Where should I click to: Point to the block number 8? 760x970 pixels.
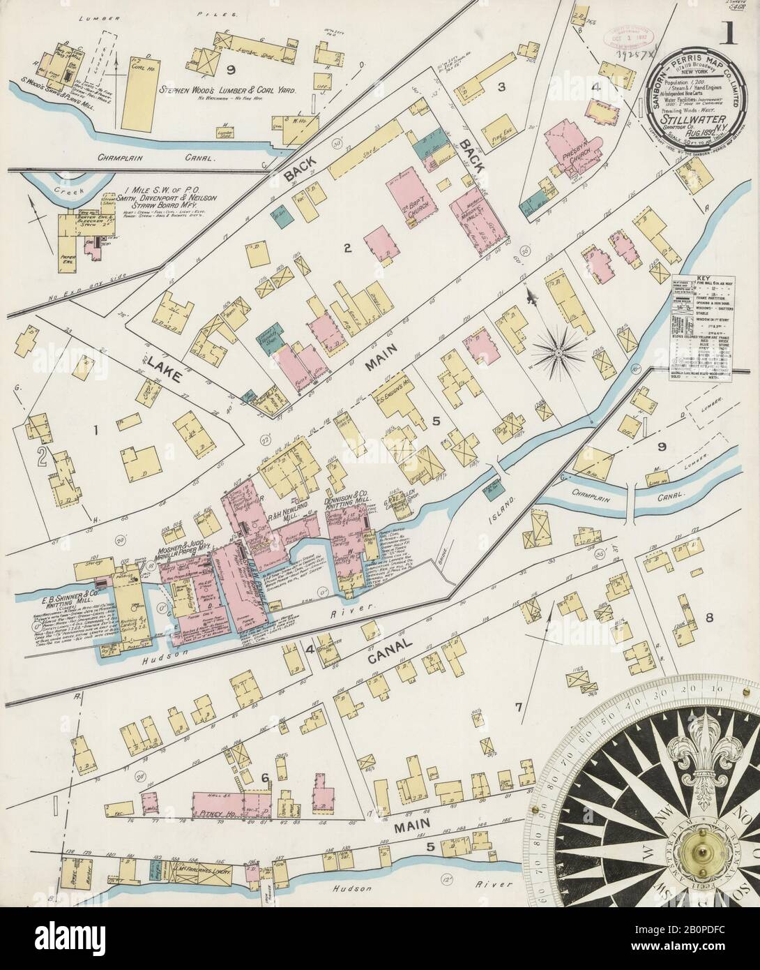710,617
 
